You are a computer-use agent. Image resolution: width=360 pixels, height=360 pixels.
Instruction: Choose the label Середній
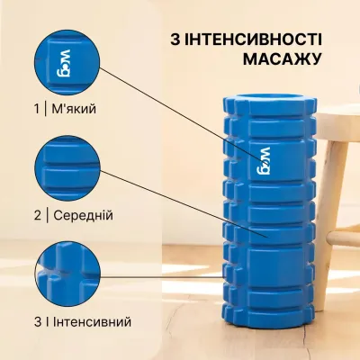(x=81, y=216)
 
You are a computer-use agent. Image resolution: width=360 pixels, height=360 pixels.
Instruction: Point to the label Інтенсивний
(x=91, y=321)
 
